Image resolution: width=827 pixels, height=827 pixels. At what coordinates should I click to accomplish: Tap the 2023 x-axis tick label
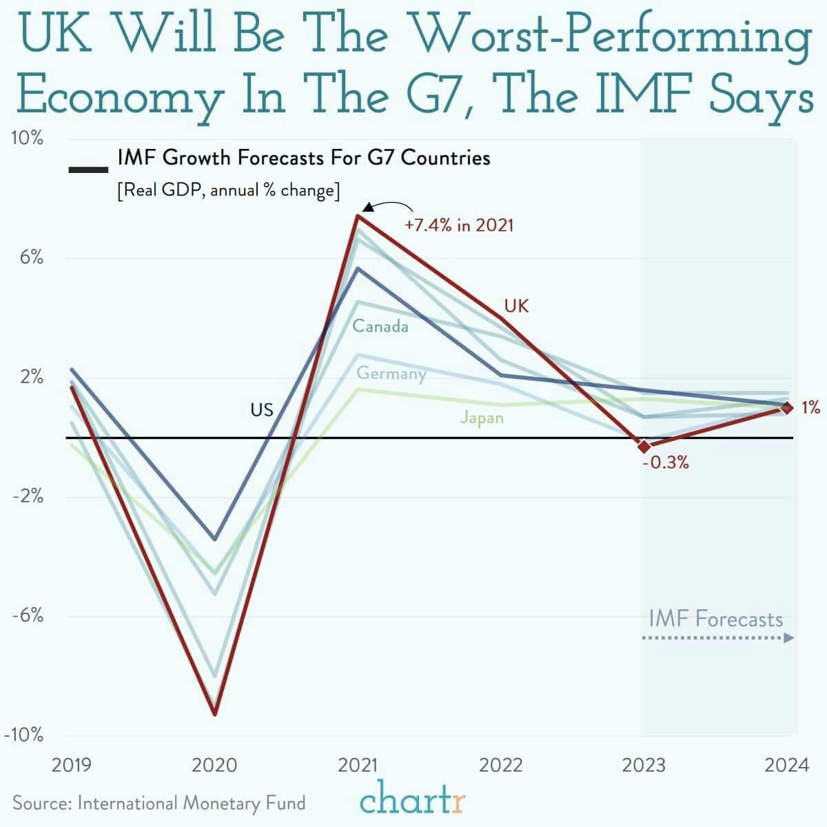pos(644,765)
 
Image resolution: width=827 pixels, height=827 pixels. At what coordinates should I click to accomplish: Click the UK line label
pos(516,306)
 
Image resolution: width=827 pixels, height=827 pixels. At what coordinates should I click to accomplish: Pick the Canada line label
pos(380,326)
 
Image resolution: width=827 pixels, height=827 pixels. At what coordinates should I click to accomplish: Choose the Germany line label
pos(391,374)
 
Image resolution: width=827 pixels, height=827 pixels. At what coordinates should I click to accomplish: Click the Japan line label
pos(482,418)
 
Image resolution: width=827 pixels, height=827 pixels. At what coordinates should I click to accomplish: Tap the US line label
pos(262,410)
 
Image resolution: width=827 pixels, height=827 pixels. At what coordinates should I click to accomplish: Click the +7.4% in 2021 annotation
pos(459,225)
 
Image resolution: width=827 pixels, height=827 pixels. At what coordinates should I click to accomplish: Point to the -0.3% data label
pos(665,462)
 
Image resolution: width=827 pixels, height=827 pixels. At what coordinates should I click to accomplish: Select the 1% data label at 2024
pos(810,408)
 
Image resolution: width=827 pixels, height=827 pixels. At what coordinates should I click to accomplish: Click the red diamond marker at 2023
pos(644,447)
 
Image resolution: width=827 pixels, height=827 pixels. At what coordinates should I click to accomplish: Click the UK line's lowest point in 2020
pos(214,714)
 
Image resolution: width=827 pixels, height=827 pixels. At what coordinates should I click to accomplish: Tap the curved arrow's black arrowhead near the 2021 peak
pos(368,207)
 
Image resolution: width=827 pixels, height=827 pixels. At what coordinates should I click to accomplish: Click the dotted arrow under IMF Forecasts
pos(717,638)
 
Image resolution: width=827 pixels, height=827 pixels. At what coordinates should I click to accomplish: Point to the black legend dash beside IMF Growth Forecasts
pos(88,168)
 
